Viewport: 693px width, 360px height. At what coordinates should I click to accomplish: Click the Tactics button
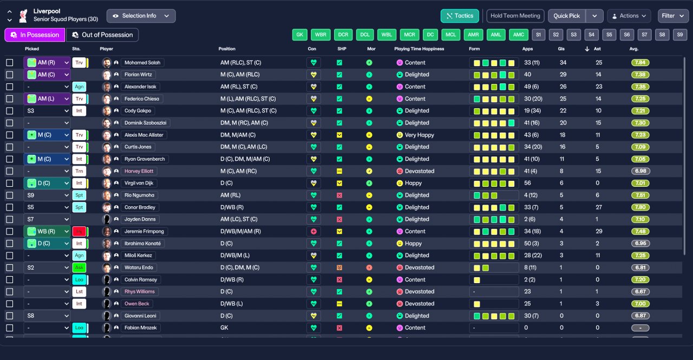(x=460, y=16)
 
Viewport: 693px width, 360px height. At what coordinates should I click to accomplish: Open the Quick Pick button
(x=566, y=16)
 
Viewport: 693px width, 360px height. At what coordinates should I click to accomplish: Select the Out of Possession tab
(x=102, y=35)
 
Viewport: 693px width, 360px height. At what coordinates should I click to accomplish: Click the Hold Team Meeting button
(x=515, y=16)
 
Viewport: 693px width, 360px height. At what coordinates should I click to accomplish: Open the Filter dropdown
(x=673, y=16)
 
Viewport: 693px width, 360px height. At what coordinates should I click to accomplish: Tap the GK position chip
(x=299, y=35)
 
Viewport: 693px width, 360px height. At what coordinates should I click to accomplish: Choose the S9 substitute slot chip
(x=680, y=35)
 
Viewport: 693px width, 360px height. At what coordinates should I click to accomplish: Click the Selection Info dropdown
(x=141, y=16)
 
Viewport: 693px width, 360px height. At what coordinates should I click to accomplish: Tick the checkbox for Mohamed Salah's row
(x=9, y=63)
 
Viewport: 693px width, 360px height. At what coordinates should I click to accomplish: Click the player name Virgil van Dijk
(x=140, y=183)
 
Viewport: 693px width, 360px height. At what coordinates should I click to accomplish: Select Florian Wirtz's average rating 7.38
(x=640, y=75)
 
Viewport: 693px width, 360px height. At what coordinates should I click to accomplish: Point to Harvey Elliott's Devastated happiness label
(x=420, y=171)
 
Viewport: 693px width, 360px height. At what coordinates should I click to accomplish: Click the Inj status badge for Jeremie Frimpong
(x=79, y=231)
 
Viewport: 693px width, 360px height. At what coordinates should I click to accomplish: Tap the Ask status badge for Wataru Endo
(x=79, y=267)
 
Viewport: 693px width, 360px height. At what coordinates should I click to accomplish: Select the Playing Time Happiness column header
(x=419, y=49)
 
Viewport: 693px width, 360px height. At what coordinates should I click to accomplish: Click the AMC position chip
(x=518, y=35)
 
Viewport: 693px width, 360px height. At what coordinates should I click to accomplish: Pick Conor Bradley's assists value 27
(x=599, y=207)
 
